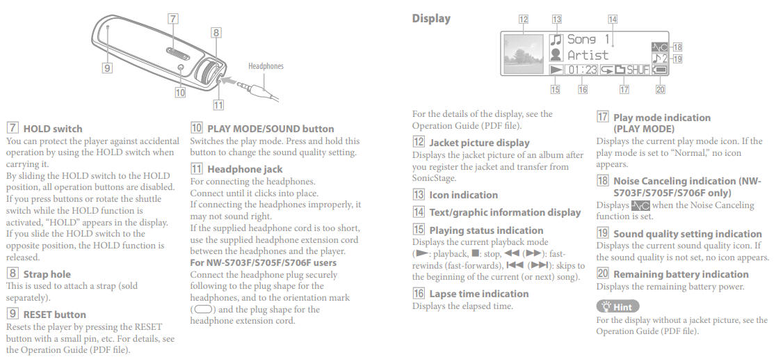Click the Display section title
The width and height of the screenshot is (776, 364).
click(x=431, y=19)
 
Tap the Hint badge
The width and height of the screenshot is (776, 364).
click(x=617, y=307)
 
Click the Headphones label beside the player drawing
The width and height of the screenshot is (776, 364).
click(x=266, y=66)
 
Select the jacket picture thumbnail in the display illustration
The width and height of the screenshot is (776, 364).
click(x=524, y=54)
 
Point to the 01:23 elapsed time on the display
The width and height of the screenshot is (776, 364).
click(x=583, y=70)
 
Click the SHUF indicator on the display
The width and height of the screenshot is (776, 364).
click(x=638, y=70)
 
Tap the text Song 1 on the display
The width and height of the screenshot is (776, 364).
click(x=588, y=40)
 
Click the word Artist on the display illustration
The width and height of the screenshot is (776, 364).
click(x=588, y=55)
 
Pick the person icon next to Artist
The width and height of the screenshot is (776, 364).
click(x=556, y=55)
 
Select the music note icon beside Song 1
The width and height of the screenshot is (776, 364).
click(x=556, y=40)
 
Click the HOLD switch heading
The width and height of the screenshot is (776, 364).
click(x=52, y=129)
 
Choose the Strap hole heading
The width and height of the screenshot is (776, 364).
click(x=47, y=274)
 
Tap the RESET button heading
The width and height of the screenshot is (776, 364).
click(x=54, y=315)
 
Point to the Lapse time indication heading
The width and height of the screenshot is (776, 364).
click(x=479, y=294)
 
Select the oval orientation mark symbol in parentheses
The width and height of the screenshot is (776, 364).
click(x=204, y=310)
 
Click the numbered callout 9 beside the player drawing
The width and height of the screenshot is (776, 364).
click(x=107, y=68)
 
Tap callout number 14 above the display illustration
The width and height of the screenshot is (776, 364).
click(x=613, y=19)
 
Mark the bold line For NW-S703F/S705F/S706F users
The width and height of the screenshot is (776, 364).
click(x=264, y=262)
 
